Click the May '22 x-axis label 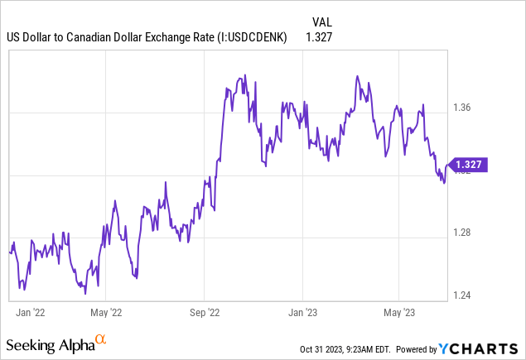(105, 313)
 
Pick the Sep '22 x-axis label (204, 313)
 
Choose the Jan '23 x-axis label (302, 313)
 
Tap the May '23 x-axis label (399, 313)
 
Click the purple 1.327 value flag (469, 165)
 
